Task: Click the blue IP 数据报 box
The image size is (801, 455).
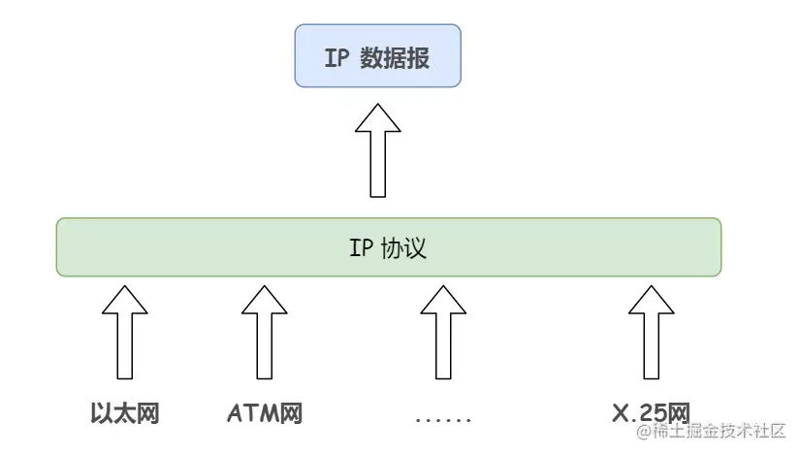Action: [x=376, y=56]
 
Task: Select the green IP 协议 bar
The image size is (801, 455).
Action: [x=388, y=247]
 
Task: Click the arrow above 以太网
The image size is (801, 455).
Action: [x=124, y=331]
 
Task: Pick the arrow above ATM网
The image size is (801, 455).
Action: [x=264, y=331]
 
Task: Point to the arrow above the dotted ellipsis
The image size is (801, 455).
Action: [x=442, y=331]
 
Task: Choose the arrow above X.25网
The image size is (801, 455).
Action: [x=651, y=331]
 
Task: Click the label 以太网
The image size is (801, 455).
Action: [x=124, y=415]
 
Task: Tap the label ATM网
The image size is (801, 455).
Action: [x=265, y=415]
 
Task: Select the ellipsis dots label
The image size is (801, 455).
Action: [x=442, y=420]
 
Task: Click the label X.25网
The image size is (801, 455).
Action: [x=651, y=415]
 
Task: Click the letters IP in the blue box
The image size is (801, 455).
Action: [x=336, y=57]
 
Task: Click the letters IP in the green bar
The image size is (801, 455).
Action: [x=360, y=248]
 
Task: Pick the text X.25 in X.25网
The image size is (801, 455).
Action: [x=638, y=415]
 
